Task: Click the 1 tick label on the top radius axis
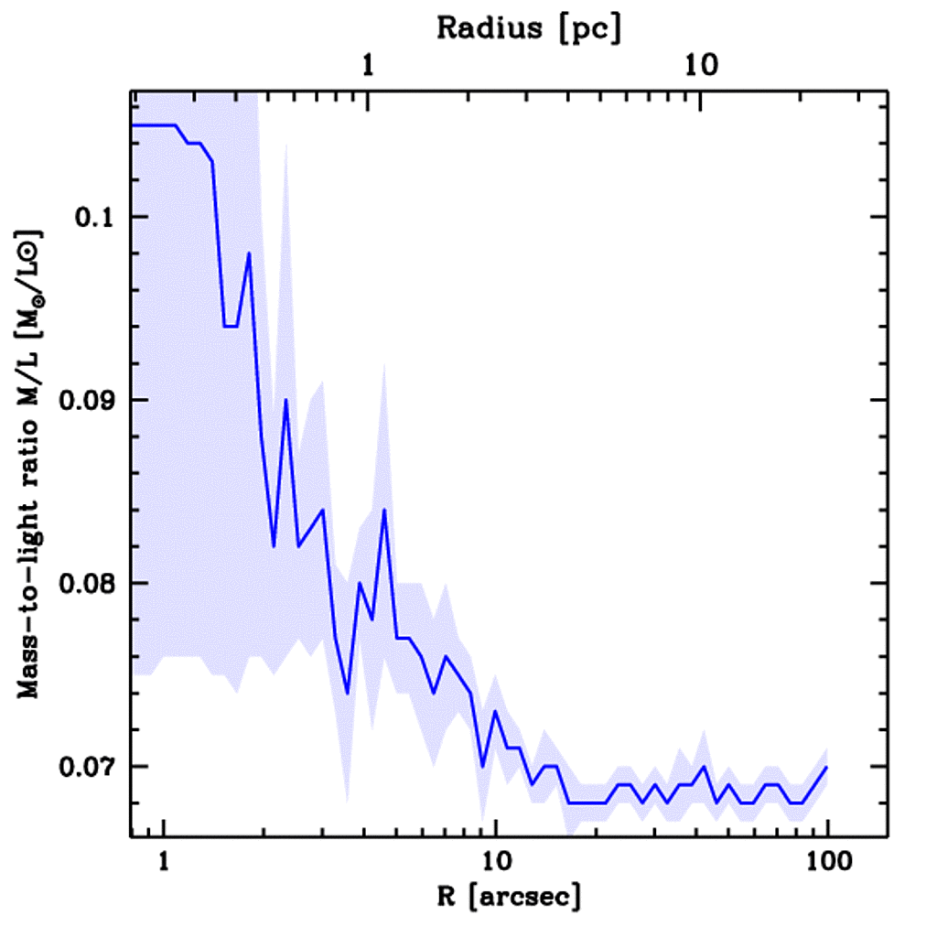tap(368, 66)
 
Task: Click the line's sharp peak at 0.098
tap(249, 253)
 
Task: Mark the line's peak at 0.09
tap(285, 400)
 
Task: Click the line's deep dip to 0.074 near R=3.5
tap(347, 694)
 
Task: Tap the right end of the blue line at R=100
tap(826, 767)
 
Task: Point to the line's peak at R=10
tap(495, 711)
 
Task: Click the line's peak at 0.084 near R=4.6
tap(384, 510)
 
